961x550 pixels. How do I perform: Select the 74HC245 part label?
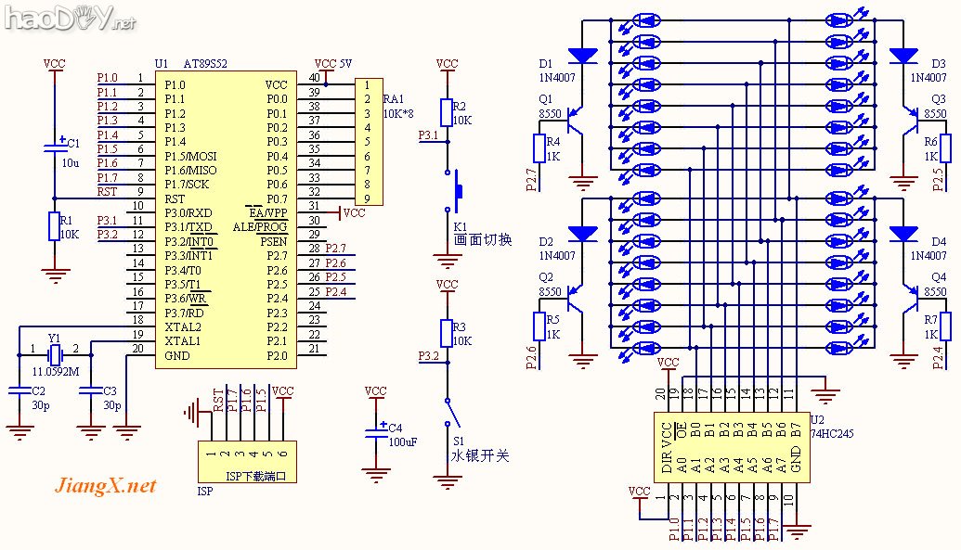point(832,432)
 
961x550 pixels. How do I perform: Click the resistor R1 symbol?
point(54,225)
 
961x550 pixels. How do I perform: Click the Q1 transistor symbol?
point(577,121)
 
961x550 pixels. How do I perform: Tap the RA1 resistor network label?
point(394,98)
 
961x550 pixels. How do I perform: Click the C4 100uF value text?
point(402,441)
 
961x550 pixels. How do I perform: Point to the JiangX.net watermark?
point(106,486)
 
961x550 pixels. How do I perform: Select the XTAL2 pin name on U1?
point(183,327)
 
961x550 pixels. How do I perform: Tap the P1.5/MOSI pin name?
point(190,156)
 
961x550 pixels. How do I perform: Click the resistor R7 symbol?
point(945,326)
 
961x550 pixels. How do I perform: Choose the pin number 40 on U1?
point(315,78)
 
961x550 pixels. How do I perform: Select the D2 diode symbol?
point(583,232)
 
